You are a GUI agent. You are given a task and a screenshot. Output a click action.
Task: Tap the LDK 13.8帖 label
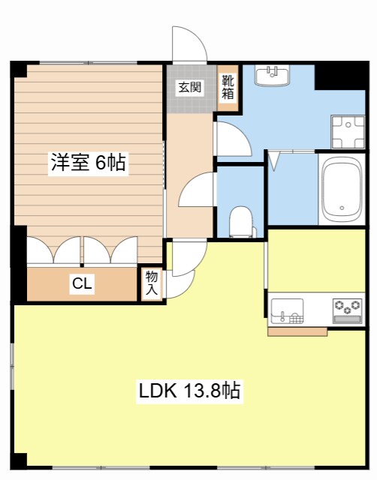[x=188, y=391]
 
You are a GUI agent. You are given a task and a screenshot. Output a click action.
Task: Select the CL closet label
[x=82, y=283]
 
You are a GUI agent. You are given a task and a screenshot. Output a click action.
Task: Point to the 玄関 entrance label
[x=189, y=87]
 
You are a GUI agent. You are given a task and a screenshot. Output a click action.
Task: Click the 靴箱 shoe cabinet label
[x=226, y=87]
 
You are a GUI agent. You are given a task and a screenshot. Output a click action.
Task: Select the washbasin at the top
[x=273, y=76]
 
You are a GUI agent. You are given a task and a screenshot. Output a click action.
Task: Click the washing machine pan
[x=347, y=132]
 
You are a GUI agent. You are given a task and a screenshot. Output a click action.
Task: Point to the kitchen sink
[x=287, y=310]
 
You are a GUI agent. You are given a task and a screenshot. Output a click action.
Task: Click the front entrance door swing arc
[x=188, y=45]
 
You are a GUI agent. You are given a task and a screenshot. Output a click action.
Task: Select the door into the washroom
[x=230, y=139]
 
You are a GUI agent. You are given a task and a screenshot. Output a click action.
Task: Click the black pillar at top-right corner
[x=329, y=75]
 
